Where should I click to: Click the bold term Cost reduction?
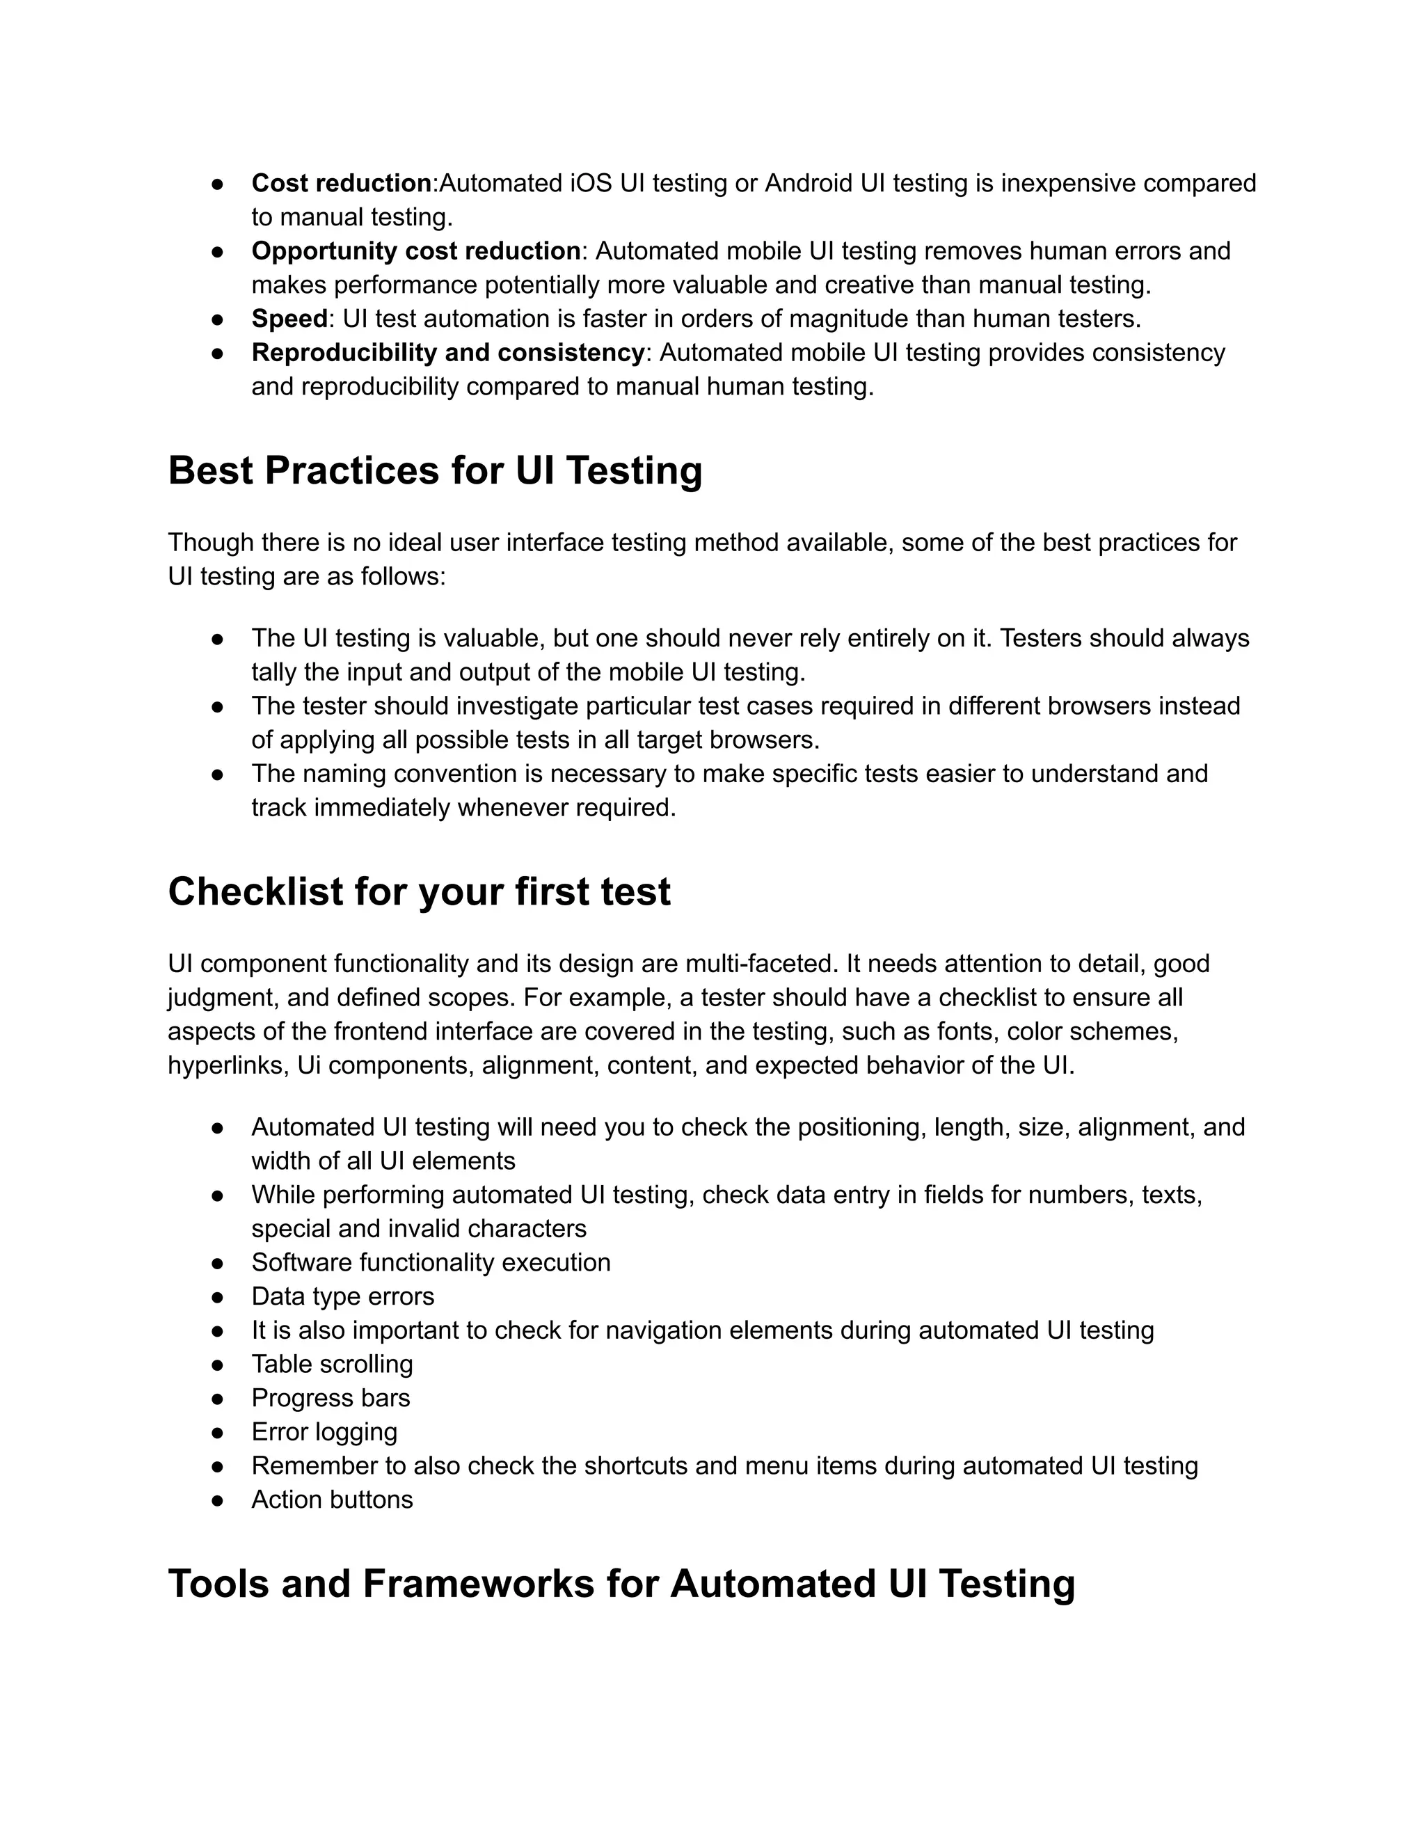(341, 183)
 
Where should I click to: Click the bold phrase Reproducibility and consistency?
(447, 352)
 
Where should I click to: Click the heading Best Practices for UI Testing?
(435, 470)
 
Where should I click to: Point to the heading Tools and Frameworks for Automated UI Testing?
(621, 1583)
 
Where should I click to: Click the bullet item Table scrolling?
(332, 1364)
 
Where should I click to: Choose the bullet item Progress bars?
(330, 1397)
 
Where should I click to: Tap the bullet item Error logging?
(324, 1431)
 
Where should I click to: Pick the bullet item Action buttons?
(332, 1499)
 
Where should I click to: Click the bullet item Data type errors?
(343, 1296)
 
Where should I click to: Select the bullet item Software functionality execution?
(431, 1262)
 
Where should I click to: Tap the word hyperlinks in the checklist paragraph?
(228, 1065)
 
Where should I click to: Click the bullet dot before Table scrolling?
(217, 1365)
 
